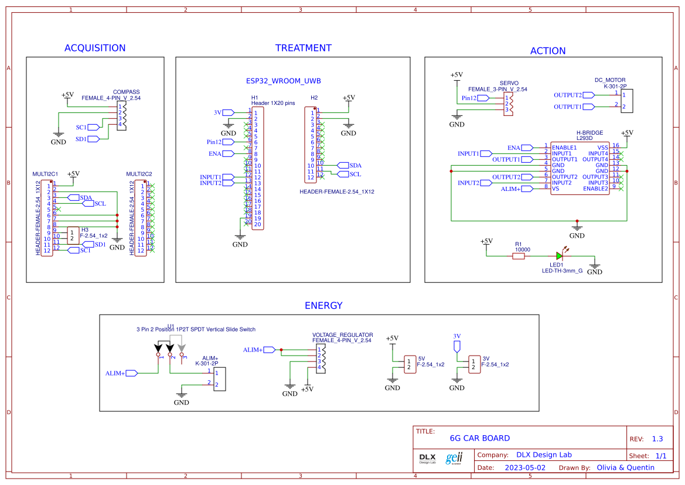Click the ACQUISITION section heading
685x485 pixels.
pos(95,48)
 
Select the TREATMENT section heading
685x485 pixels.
pos(303,48)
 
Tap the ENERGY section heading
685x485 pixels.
pos(323,305)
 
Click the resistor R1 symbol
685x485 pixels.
pos(519,256)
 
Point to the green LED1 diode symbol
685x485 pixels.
pos(560,255)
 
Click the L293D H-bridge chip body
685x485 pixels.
pos(580,168)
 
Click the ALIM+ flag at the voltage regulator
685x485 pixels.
pos(269,350)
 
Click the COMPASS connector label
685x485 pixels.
pos(126,92)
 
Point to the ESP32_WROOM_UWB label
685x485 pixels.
pos(283,81)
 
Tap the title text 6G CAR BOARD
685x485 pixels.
pos(479,438)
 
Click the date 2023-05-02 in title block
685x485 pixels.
pos(524,467)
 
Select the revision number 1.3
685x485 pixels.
pos(657,439)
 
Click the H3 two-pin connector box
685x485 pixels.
pos(73,235)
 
